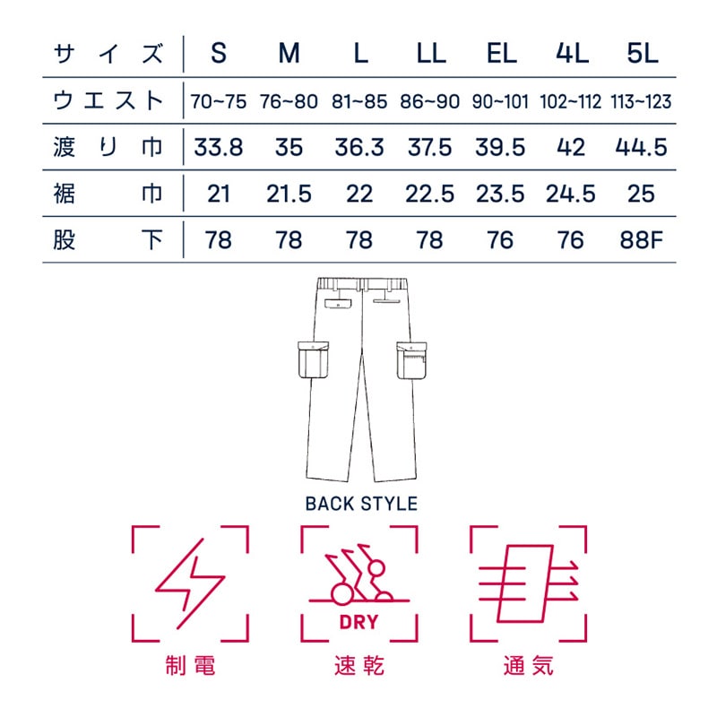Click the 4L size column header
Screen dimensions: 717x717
pyautogui.click(x=571, y=54)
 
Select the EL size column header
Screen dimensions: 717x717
pyautogui.click(x=501, y=54)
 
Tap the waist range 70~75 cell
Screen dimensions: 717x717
pyautogui.click(x=219, y=101)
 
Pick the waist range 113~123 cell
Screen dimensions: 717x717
pyautogui.click(x=641, y=101)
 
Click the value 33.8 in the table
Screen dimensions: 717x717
pyautogui.click(x=219, y=148)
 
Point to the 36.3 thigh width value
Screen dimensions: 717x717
pyautogui.click(x=360, y=148)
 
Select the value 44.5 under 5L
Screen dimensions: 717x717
pyautogui.click(x=642, y=148)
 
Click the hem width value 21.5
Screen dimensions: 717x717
pyautogui.click(x=289, y=194)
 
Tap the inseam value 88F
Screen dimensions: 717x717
pyautogui.click(x=642, y=240)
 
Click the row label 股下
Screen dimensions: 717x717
pyautogui.click(x=108, y=240)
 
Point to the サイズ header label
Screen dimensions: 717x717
pyautogui.click(x=108, y=54)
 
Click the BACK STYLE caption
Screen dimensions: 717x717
pyautogui.click(x=361, y=504)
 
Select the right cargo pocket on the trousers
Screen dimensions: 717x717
pyautogui.click(x=413, y=360)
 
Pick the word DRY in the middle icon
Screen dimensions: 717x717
pyautogui.click(x=358, y=623)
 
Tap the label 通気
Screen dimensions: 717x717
pyautogui.click(x=529, y=667)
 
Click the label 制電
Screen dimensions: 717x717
pyautogui.click(x=190, y=667)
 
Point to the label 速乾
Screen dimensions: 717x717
pyautogui.click(x=358, y=667)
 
